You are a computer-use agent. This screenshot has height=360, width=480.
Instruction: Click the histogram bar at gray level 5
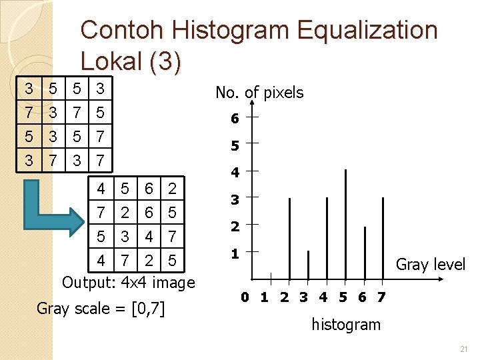345,223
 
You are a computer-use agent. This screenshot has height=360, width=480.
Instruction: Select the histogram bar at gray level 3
308,265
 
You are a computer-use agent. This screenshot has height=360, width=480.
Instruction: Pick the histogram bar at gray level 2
289,238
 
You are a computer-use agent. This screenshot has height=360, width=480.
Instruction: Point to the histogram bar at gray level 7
383,238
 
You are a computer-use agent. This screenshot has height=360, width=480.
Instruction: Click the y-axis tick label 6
235,119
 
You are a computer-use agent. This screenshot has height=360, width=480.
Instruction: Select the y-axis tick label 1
235,253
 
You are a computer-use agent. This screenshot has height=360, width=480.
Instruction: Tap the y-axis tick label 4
235,173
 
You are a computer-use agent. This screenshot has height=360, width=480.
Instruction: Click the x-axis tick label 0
246,297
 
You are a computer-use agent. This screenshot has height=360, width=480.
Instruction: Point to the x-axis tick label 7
381,297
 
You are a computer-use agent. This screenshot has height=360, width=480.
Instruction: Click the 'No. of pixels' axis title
259,93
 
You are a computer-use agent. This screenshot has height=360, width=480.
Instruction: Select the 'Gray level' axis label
430,265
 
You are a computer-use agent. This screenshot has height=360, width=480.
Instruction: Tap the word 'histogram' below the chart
346,325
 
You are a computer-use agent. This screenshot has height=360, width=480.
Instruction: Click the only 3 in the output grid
124,237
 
